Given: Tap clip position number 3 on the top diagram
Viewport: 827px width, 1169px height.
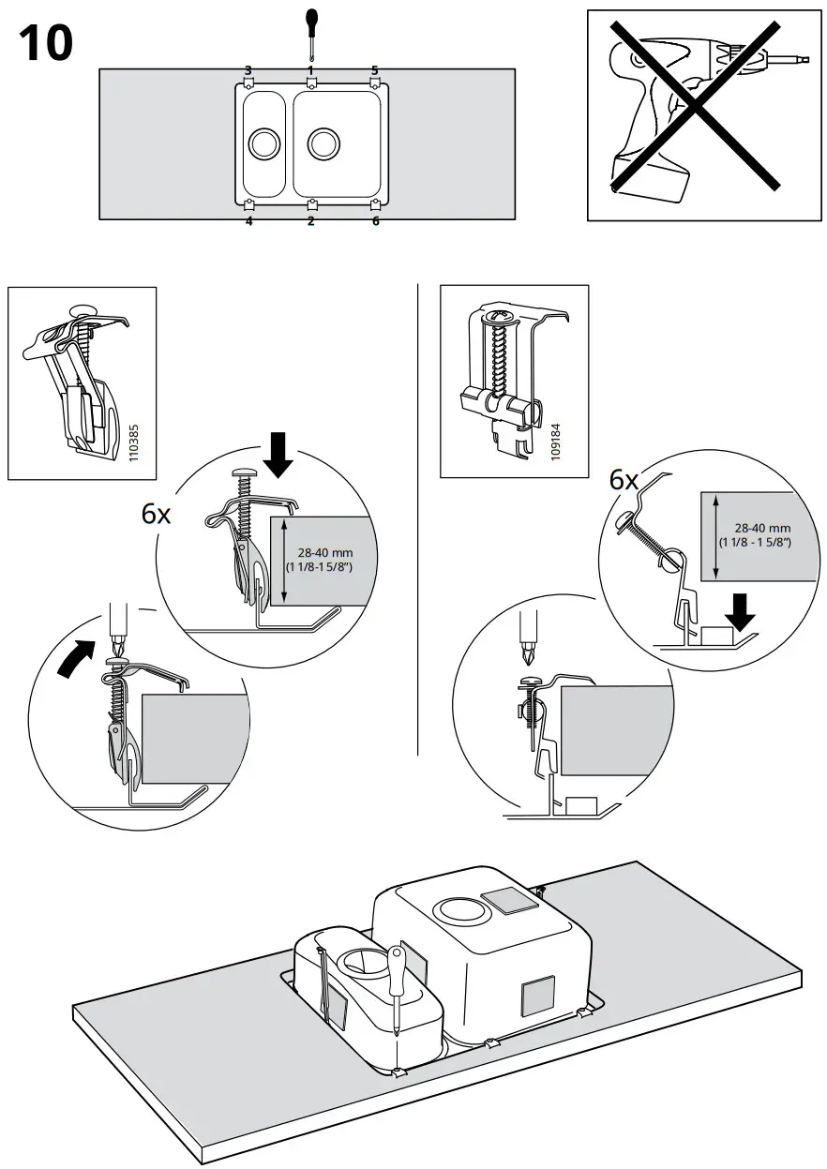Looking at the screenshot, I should coord(248,70).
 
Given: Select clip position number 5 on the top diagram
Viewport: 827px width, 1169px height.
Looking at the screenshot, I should coord(375,70).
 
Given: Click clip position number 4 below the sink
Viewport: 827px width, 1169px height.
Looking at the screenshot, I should coord(248,221).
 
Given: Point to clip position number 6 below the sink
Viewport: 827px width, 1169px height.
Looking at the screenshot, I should coord(376,221).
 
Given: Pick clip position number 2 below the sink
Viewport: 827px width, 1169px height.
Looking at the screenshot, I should coord(311,221).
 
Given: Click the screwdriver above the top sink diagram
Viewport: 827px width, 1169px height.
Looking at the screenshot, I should coord(311,32).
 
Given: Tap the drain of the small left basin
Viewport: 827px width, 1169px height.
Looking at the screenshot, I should coord(263,143).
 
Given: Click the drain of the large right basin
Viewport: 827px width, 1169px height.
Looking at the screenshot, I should coord(323,143).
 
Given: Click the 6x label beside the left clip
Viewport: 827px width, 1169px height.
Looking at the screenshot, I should coord(158,513).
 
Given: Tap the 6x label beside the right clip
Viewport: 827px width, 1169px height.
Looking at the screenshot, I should coord(624,481).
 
